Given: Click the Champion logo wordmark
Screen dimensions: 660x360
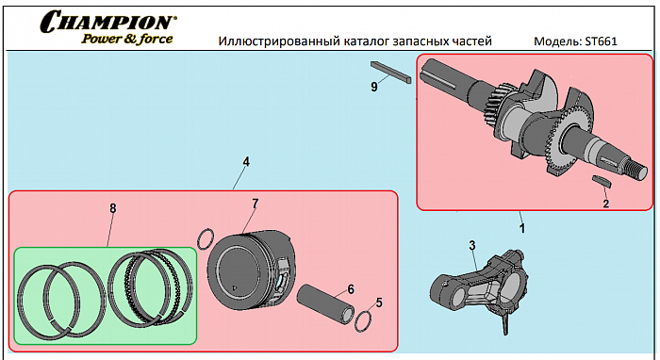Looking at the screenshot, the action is (x=108, y=22).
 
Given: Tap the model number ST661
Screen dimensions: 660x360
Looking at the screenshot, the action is (x=601, y=41).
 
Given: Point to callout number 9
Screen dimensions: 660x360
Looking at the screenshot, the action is (x=374, y=87).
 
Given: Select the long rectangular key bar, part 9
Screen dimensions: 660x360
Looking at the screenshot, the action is (x=390, y=73).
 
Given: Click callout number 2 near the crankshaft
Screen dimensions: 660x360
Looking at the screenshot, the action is (x=605, y=204).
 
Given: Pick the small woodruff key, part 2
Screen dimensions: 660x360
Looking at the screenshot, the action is (x=602, y=181).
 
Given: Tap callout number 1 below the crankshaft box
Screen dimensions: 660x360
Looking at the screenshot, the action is (x=522, y=228).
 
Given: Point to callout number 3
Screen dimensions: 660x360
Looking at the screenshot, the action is (x=472, y=246).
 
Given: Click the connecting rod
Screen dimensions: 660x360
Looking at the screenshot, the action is (x=479, y=286).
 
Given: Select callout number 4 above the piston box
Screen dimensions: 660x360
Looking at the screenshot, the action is (x=246, y=162).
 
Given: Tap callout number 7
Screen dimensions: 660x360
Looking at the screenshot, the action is (x=256, y=204).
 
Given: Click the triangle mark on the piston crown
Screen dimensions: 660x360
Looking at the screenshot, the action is (x=235, y=288).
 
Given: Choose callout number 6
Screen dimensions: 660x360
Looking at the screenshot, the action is (x=351, y=289).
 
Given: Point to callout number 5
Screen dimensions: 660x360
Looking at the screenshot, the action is (x=379, y=303).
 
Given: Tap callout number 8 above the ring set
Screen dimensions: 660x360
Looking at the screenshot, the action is (x=113, y=208).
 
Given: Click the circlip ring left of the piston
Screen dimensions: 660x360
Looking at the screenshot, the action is (x=199, y=239).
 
